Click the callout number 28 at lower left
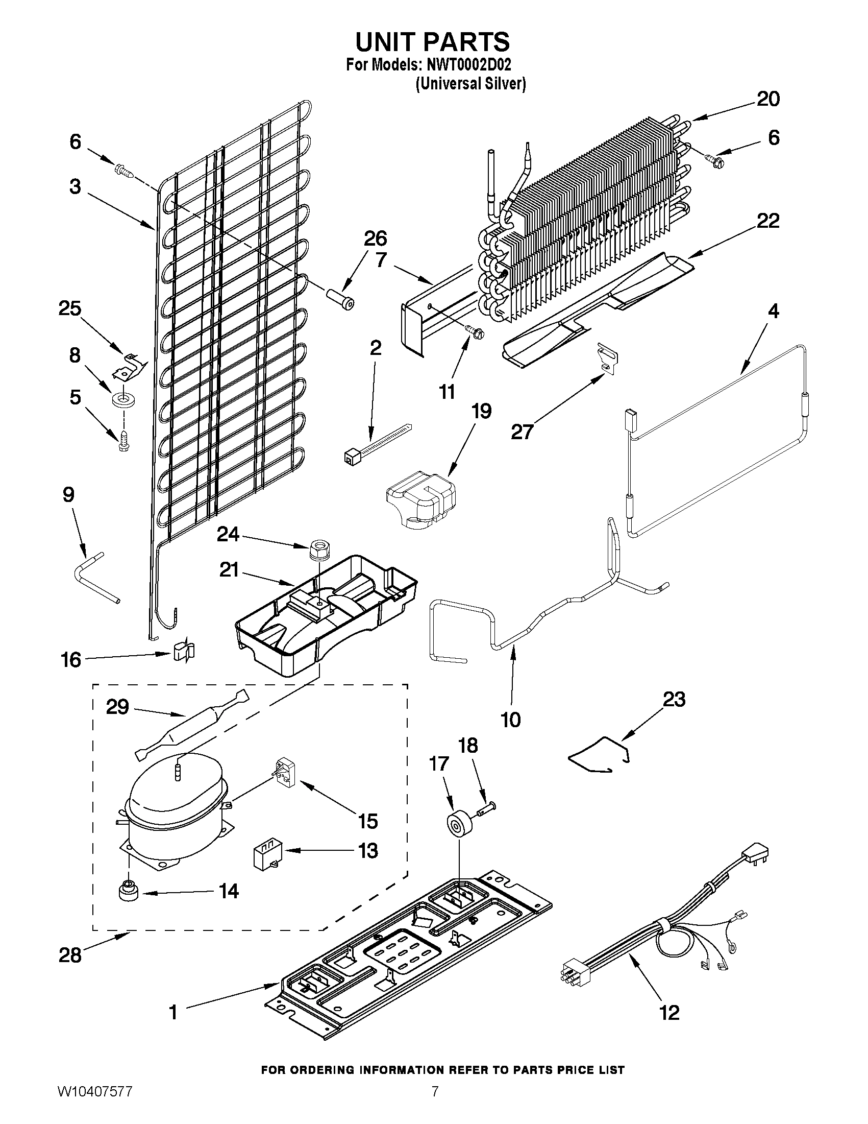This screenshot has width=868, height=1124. [x=70, y=955]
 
